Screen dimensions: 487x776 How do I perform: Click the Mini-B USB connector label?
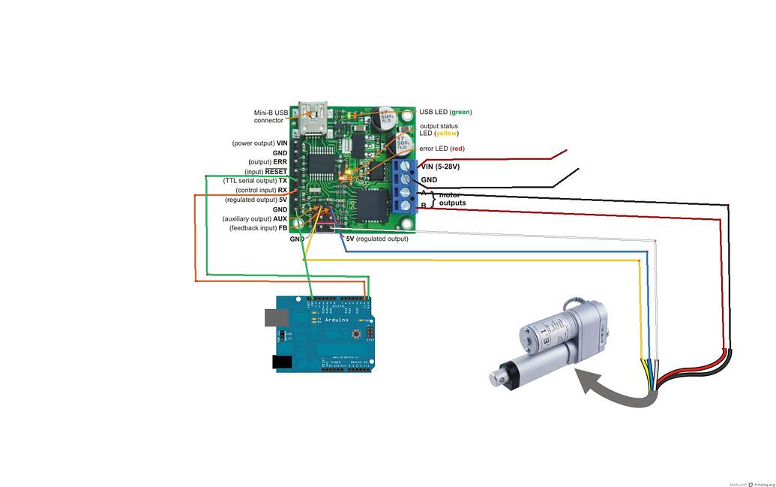tap(270, 116)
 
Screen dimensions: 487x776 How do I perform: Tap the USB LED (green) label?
tap(445, 112)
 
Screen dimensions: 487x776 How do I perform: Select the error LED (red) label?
tap(442, 149)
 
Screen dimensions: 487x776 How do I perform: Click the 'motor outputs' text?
tap(452, 199)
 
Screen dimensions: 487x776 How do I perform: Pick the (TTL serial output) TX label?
tap(255, 181)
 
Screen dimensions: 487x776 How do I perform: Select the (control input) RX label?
tap(261, 191)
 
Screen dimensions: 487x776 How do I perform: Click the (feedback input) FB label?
tap(258, 228)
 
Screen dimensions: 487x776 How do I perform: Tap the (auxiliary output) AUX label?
tap(255, 218)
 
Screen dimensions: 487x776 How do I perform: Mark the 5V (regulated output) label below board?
tap(376, 239)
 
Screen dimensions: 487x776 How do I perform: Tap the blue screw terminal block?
tap(404, 185)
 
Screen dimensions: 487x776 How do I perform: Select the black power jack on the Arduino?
tap(281, 362)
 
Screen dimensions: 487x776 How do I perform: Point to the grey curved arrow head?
tap(584, 379)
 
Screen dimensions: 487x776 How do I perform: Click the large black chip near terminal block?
tap(373, 204)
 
